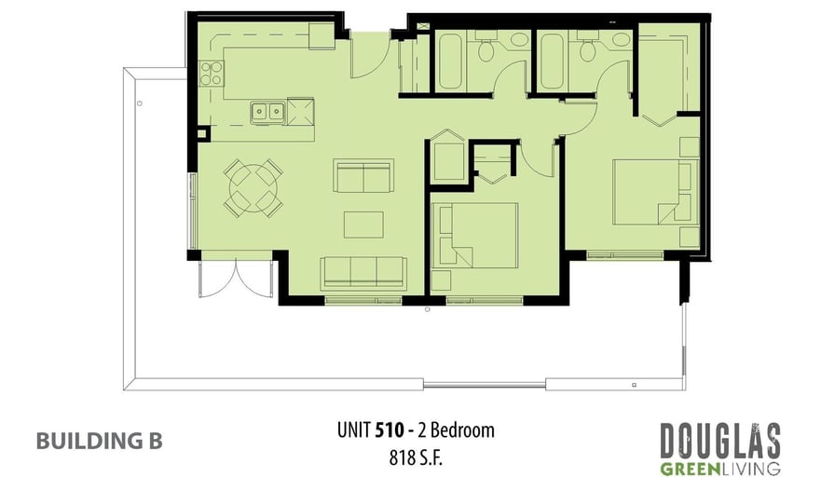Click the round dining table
pos(253,188)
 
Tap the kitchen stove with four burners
pos(212,74)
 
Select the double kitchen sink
pos(267,113)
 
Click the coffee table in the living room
pos(363,225)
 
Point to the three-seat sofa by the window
pos(363,273)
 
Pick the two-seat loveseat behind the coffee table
pos(363,175)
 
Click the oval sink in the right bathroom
pos(621,39)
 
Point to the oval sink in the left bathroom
pos(519,39)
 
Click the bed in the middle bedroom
pos(474,235)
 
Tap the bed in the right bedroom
pos(655,192)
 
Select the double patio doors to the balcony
pos(236,278)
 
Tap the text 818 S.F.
pos(416,457)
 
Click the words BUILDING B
pos(100,441)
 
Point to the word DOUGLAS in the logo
pos(720,442)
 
